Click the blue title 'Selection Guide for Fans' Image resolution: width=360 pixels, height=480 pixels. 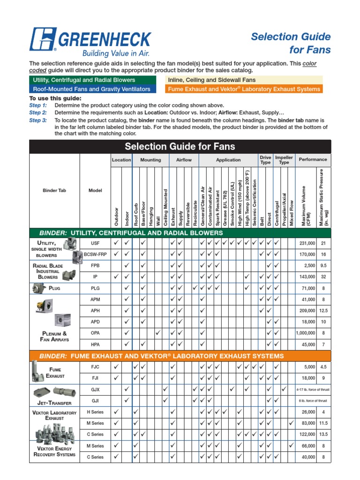291,43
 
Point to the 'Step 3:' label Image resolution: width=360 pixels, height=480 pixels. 38,120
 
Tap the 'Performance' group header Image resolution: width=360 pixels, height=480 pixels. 314,160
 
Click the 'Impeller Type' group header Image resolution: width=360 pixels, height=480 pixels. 284,160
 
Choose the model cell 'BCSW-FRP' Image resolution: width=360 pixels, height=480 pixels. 95,254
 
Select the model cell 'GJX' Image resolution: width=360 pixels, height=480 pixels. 95,390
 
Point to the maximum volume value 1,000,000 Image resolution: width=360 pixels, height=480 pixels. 305,333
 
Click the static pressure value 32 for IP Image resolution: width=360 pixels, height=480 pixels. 323,277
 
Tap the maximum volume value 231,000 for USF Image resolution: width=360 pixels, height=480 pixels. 307,243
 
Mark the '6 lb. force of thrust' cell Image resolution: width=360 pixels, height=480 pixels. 314,401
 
